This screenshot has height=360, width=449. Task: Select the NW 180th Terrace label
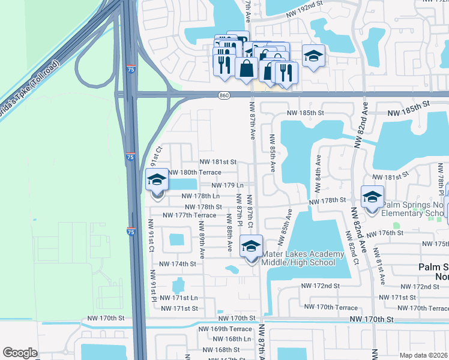(194, 172)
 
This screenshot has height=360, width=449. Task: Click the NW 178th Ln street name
(200, 196)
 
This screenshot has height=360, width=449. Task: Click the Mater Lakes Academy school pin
(252, 246)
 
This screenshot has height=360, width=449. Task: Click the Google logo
(20, 352)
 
